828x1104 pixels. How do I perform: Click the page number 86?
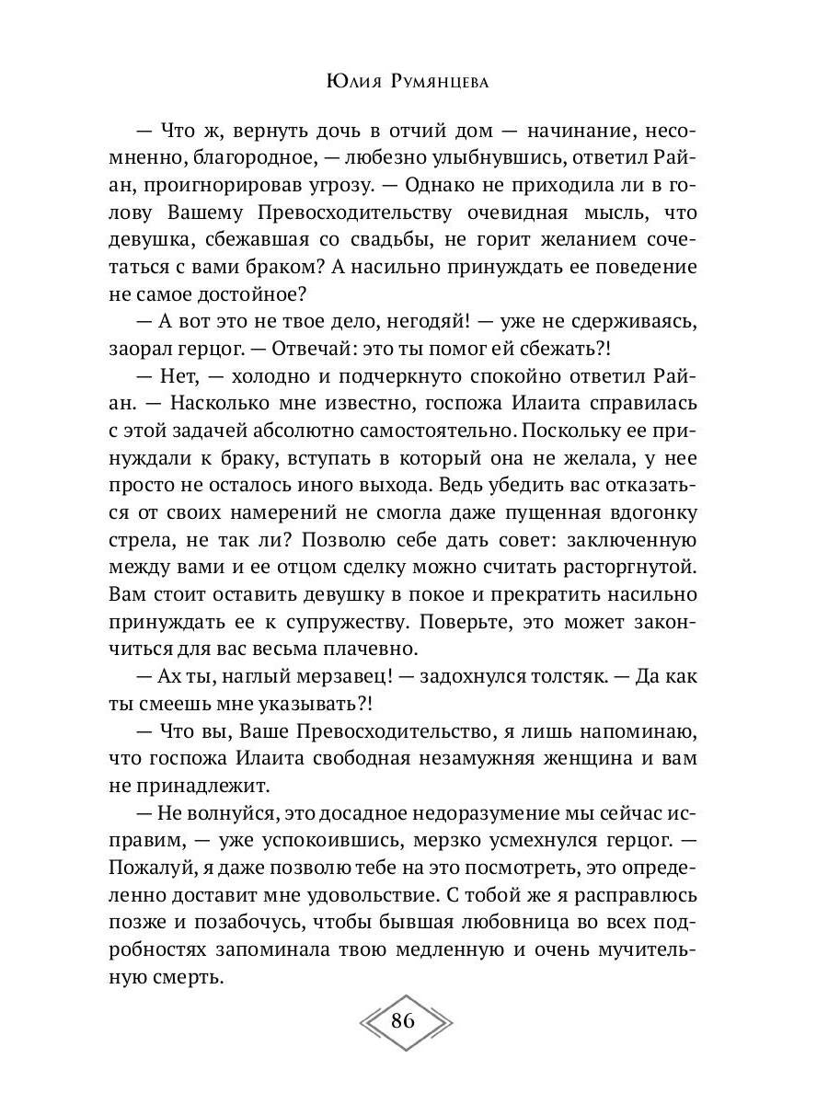[404, 1021]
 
